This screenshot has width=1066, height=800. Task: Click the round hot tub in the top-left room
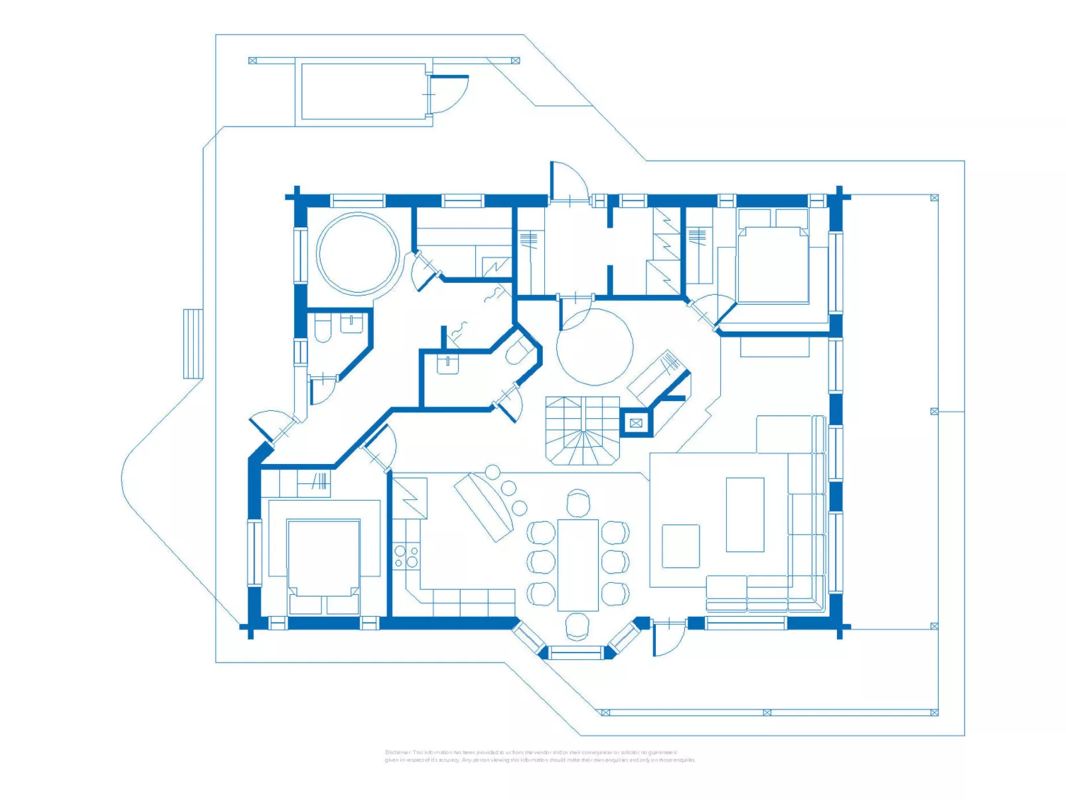(x=358, y=253)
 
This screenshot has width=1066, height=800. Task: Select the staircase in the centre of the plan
(x=582, y=430)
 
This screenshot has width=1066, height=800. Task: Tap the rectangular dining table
(x=577, y=564)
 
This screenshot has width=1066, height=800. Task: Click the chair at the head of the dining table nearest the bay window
(x=577, y=625)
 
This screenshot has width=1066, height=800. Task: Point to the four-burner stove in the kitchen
(x=406, y=556)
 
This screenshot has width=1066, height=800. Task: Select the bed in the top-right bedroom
(x=773, y=264)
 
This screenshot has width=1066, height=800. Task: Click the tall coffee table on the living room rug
(x=745, y=514)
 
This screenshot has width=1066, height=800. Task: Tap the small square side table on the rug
(x=680, y=546)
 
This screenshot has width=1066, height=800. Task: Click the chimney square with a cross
(x=636, y=423)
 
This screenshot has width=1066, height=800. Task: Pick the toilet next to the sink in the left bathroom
(x=323, y=329)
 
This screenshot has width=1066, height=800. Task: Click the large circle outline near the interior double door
(x=595, y=347)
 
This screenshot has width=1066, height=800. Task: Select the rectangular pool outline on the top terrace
(x=364, y=91)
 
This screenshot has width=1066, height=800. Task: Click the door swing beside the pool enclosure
(x=449, y=94)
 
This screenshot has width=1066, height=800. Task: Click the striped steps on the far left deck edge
(x=192, y=343)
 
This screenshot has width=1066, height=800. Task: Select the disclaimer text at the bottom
(x=540, y=756)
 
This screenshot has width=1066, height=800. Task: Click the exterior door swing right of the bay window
(x=668, y=639)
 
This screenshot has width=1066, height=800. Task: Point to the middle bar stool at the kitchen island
(x=508, y=489)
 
